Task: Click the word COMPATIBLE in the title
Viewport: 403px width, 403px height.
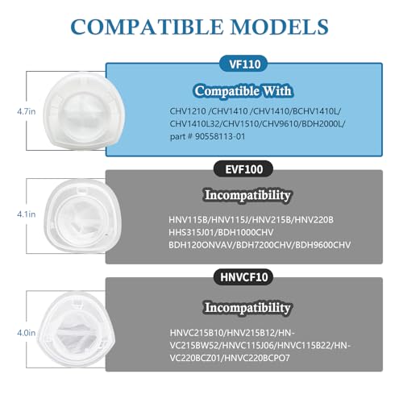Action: coord(147,27)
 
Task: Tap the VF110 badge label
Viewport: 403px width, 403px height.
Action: coord(245,64)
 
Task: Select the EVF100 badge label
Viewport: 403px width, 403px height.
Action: coord(243,169)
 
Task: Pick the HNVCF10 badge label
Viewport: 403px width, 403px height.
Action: coord(243,277)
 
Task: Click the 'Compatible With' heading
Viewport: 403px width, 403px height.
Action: coord(243,91)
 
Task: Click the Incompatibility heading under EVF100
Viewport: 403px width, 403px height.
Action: coord(247,195)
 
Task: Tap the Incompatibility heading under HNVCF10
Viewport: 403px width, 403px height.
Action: coord(247,308)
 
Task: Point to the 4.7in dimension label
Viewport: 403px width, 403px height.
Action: coord(27,111)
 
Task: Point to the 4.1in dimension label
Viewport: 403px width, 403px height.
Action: coord(27,214)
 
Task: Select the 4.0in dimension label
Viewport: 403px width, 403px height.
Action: coord(27,333)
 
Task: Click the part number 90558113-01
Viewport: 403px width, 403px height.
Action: coord(220,136)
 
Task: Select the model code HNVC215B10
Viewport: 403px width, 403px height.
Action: coord(197,333)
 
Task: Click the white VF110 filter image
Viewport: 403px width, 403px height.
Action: coord(84,111)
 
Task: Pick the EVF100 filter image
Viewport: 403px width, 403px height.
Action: coord(83,216)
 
